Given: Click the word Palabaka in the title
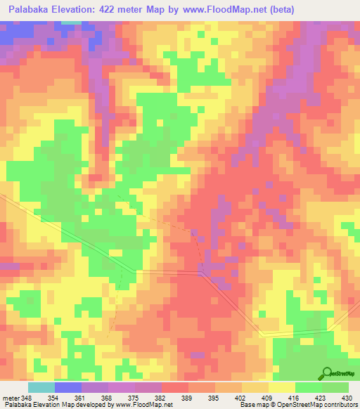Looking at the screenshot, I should (34, 9).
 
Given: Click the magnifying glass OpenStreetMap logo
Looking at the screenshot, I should (326, 374).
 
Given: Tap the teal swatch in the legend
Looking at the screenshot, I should (41, 387).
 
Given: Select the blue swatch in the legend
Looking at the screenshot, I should (68, 387).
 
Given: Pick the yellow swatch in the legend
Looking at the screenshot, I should (282, 387).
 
